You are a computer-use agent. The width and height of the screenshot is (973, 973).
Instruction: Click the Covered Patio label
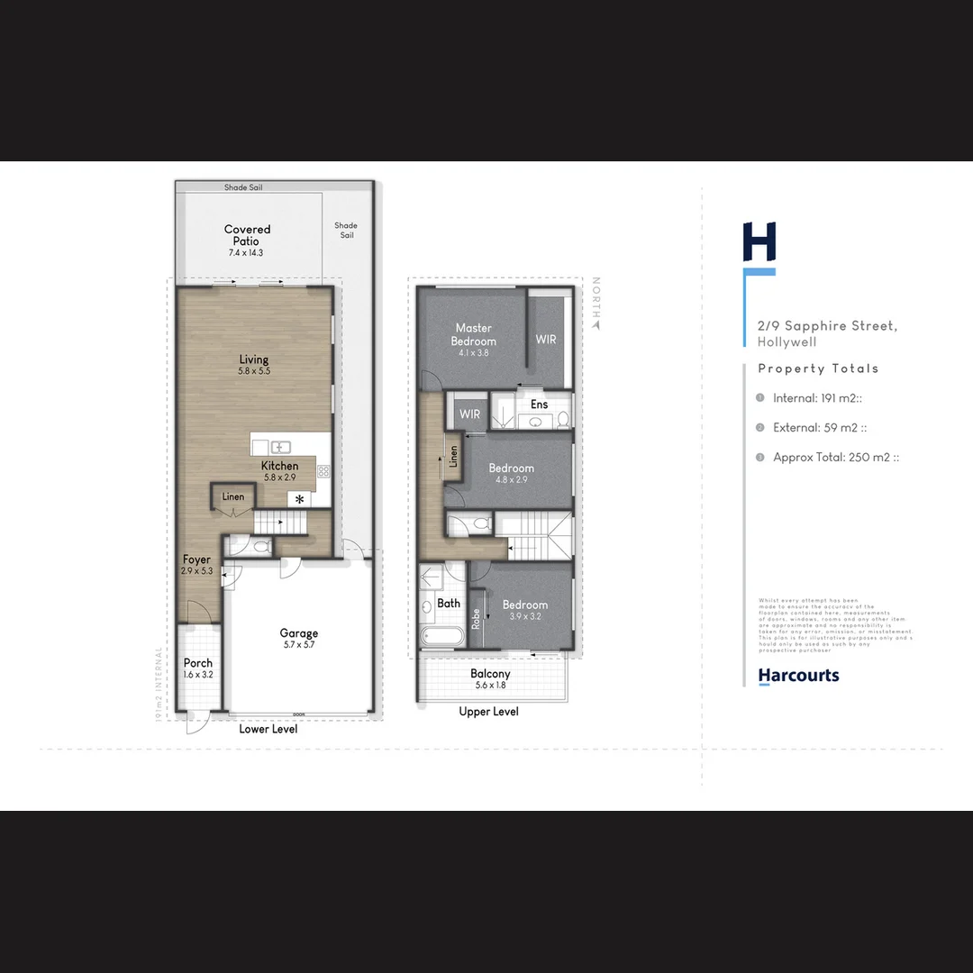(x=247, y=235)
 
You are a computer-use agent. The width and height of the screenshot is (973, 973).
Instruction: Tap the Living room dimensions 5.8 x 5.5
(x=254, y=371)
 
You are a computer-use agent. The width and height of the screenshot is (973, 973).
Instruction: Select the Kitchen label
(x=279, y=466)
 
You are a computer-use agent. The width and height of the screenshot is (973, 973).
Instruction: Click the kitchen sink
(x=280, y=447)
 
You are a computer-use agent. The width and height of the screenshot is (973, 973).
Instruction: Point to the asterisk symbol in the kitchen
(x=299, y=499)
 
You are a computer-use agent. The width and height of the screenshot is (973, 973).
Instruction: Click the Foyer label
(x=196, y=559)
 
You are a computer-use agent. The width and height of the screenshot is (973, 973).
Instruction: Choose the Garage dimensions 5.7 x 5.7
(x=298, y=645)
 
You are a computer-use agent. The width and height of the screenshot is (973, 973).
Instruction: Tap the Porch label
(x=198, y=663)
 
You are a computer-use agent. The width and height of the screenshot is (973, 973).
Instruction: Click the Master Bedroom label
(x=473, y=334)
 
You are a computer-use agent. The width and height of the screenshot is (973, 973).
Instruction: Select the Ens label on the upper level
(x=539, y=405)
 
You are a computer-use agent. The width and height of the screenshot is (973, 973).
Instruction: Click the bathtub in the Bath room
(x=441, y=636)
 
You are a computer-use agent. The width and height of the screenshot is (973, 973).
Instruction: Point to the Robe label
(x=476, y=619)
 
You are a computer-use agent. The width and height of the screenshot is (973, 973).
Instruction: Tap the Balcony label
(x=490, y=674)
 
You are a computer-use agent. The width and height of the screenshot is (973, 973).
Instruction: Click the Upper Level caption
(x=488, y=712)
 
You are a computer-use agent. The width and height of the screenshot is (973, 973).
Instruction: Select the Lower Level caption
(x=268, y=729)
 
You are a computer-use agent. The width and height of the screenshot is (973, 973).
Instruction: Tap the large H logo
(x=759, y=241)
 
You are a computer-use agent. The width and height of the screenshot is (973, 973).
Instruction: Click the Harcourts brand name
(x=798, y=676)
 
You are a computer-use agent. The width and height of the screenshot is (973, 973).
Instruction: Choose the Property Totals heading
(x=818, y=368)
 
